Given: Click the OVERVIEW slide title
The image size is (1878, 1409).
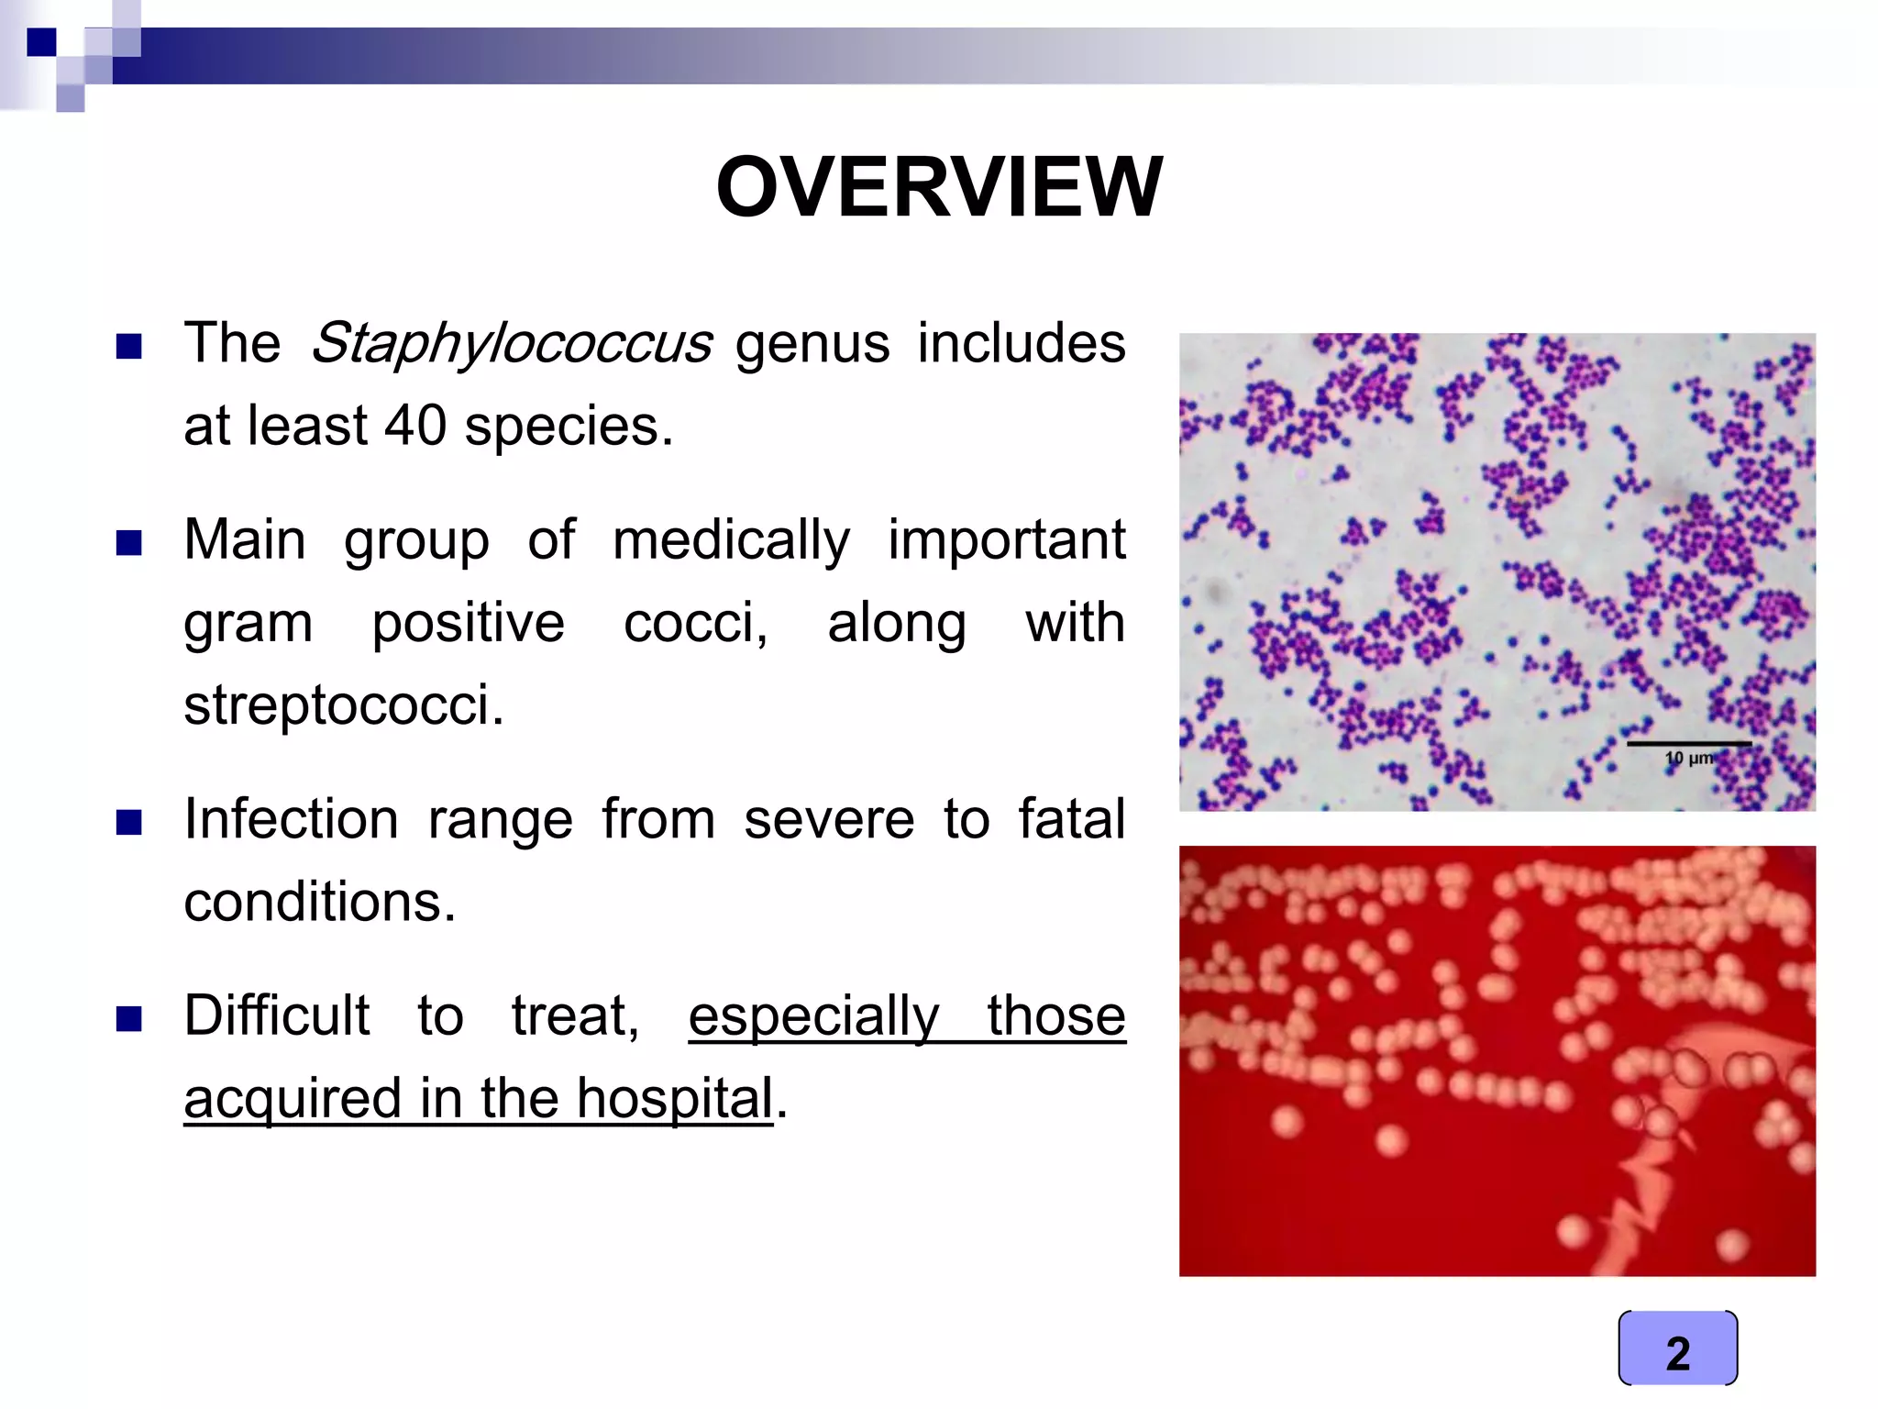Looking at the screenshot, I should tap(939, 187).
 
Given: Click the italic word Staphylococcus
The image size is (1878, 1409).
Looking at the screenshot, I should tap(511, 345).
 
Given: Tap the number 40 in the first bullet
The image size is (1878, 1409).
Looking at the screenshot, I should tap(415, 427).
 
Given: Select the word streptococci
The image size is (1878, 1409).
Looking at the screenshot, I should tap(344, 705).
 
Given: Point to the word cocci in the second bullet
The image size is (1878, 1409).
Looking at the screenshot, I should tap(695, 623).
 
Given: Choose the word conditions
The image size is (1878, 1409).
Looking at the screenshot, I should tap(319, 902).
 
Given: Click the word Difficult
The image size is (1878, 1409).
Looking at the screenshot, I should tap(277, 1015).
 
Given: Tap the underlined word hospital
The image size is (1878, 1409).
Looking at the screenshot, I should tap(675, 1098).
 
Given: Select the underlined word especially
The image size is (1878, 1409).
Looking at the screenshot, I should tap(814, 1017).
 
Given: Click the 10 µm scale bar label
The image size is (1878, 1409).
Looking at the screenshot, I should tap(1689, 758).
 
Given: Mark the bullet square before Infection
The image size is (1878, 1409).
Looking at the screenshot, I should tap(129, 822).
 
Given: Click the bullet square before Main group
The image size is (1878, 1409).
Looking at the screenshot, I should tap(129, 543).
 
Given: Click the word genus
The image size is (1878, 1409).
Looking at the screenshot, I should tap(812, 345).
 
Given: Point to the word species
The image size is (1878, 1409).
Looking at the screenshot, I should tap(569, 427).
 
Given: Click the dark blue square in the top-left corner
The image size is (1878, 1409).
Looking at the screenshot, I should tap(41, 42).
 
